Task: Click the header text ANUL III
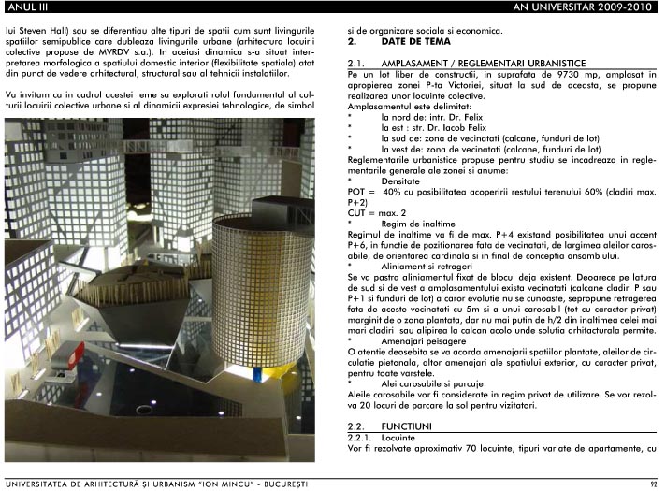pyautogui.click(x=25, y=8)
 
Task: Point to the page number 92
pyautogui.click(x=654, y=484)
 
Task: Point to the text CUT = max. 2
pyautogui.click(x=380, y=213)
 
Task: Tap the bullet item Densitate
pyautogui.click(x=402, y=180)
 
